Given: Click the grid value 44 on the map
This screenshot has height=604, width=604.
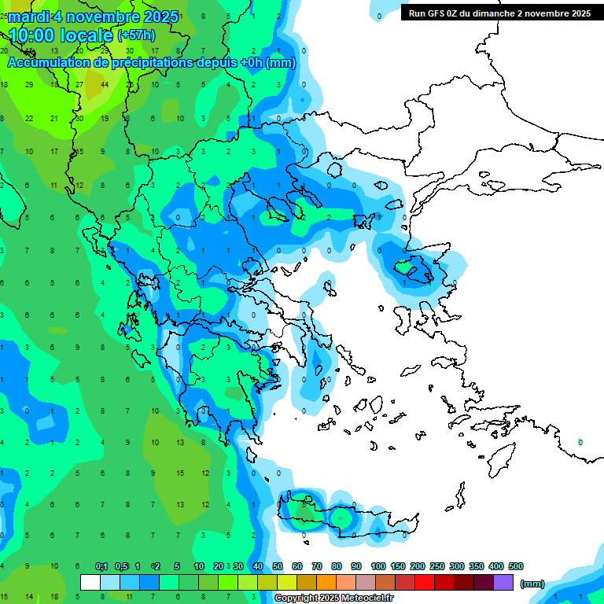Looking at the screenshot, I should coord(105,85).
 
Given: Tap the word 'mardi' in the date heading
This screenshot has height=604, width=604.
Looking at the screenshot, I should coord(28,17).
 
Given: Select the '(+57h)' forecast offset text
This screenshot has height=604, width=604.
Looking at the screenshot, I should coord(136,35).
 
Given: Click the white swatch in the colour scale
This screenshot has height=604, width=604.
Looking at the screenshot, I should coord(90,583).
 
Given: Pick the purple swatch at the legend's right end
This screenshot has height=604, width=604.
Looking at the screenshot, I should coord(503,583).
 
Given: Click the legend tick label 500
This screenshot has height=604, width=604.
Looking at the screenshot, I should coord(516,566).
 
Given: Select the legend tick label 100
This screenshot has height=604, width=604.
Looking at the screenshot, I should coord(378,566).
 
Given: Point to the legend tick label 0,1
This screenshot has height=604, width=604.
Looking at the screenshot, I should coord(101,566).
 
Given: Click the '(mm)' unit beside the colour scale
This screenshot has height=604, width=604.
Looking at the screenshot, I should coord(532,584).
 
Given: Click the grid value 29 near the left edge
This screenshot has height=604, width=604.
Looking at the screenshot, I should coord(29,85).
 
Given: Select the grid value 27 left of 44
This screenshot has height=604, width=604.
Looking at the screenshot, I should coord(79,85).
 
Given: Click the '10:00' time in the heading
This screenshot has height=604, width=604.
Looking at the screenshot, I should coord(38,35).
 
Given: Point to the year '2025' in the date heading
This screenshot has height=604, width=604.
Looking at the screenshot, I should coord(155,17).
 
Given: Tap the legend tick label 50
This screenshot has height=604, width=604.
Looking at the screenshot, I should coord(278,566).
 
